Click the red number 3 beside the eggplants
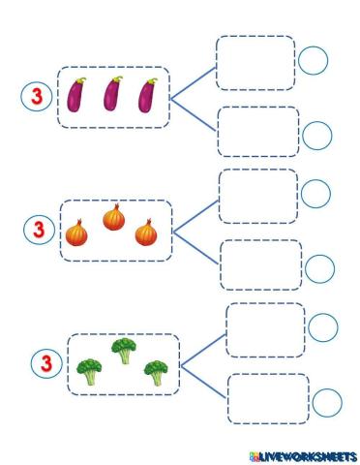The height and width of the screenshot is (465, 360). (x=35, y=96)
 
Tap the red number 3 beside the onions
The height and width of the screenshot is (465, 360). (x=38, y=231)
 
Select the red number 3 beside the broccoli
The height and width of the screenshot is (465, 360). (x=45, y=363)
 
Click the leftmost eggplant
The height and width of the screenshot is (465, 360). (x=76, y=95)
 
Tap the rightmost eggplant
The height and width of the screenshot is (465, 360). (x=147, y=95)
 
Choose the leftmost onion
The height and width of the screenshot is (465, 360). (x=76, y=233)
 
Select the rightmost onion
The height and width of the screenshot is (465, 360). (x=146, y=233)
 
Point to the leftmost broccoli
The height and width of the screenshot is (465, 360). (x=90, y=372)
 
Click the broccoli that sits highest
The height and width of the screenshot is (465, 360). (x=123, y=350)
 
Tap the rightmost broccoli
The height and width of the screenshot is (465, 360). (x=155, y=372)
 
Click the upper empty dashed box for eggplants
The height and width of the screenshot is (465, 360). (x=255, y=63)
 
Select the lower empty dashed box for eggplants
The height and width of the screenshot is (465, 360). (x=257, y=132)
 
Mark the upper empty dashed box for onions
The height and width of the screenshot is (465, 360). (x=258, y=196)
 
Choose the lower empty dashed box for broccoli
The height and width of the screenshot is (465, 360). (x=268, y=398)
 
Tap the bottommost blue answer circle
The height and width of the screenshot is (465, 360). (x=328, y=402)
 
